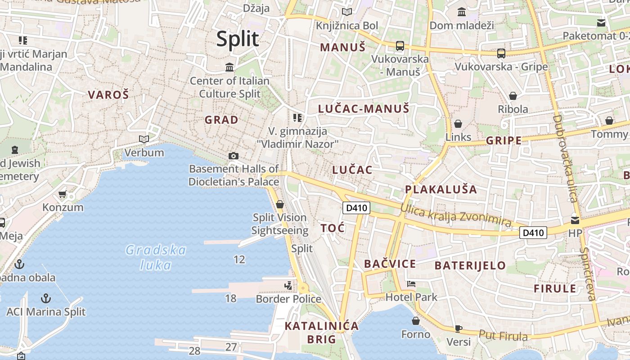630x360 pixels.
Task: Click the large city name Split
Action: click(238, 39)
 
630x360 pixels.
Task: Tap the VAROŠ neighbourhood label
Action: click(108, 94)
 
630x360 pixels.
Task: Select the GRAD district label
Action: click(221, 120)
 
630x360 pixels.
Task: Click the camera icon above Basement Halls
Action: click(233, 156)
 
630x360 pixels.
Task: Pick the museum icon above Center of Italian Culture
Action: click(229, 67)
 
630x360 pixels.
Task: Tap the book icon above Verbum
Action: click(144, 139)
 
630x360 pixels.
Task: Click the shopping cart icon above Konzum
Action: click(63, 194)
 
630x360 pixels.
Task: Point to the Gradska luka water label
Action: click(156, 257)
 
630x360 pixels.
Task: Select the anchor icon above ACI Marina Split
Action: click(45, 298)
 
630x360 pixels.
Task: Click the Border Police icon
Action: click(288, 286)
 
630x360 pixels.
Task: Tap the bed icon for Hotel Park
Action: click(411, 284)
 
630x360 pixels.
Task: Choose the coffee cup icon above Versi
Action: click(458, 328)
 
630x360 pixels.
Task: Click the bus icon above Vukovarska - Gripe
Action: click(501, 54)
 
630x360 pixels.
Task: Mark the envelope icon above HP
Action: click(575, 220)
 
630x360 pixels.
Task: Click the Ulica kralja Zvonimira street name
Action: click(456, 215)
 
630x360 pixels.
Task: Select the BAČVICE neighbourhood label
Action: click(390, 264)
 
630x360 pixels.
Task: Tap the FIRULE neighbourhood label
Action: click(555, 288)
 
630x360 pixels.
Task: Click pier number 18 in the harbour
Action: click(230, 298)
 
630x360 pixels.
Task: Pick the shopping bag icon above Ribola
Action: click(513, 96)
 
